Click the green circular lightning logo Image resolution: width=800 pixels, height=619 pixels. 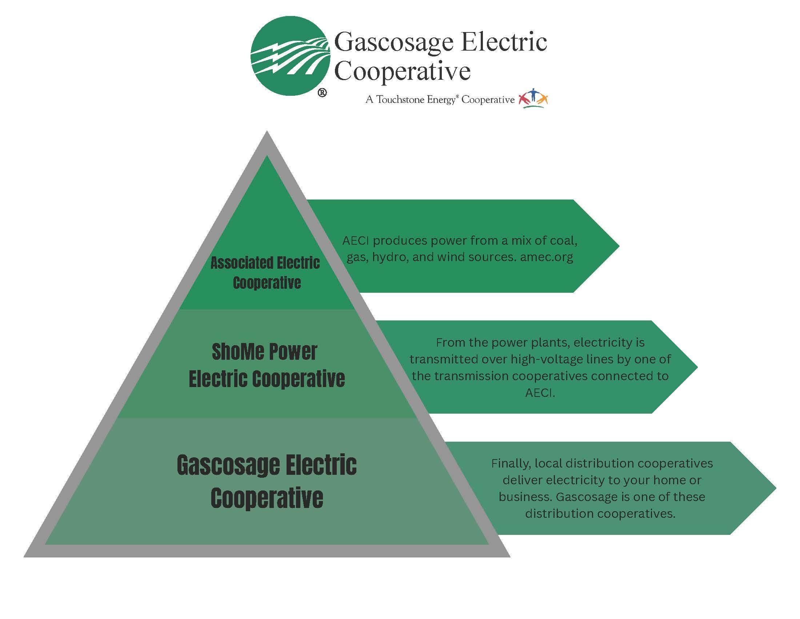(290, 56)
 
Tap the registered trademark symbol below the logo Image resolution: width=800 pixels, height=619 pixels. (322, 93)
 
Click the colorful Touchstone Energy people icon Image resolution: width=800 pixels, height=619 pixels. (533, 99)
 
